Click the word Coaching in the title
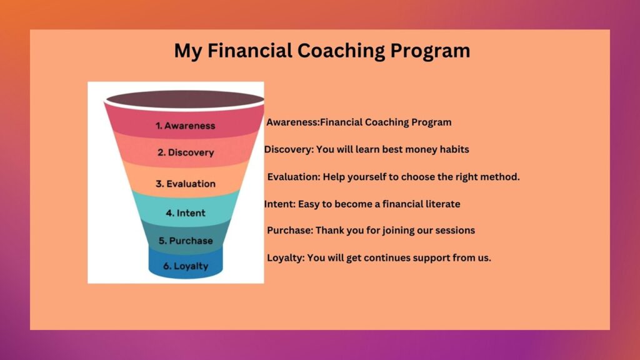(341, 51)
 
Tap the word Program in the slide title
(430, 51)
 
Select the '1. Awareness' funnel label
(185, 126)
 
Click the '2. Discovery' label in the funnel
(186, 152)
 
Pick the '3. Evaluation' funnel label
(186, 184)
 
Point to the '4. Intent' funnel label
(186, 213)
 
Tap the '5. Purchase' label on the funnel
(186, 241)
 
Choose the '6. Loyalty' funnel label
(186, 266)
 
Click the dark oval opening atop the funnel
(185, 99)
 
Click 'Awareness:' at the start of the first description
(293, 122)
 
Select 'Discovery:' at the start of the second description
(289, 149)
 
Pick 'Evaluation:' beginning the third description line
(294, 177)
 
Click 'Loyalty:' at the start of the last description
(286, 258)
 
